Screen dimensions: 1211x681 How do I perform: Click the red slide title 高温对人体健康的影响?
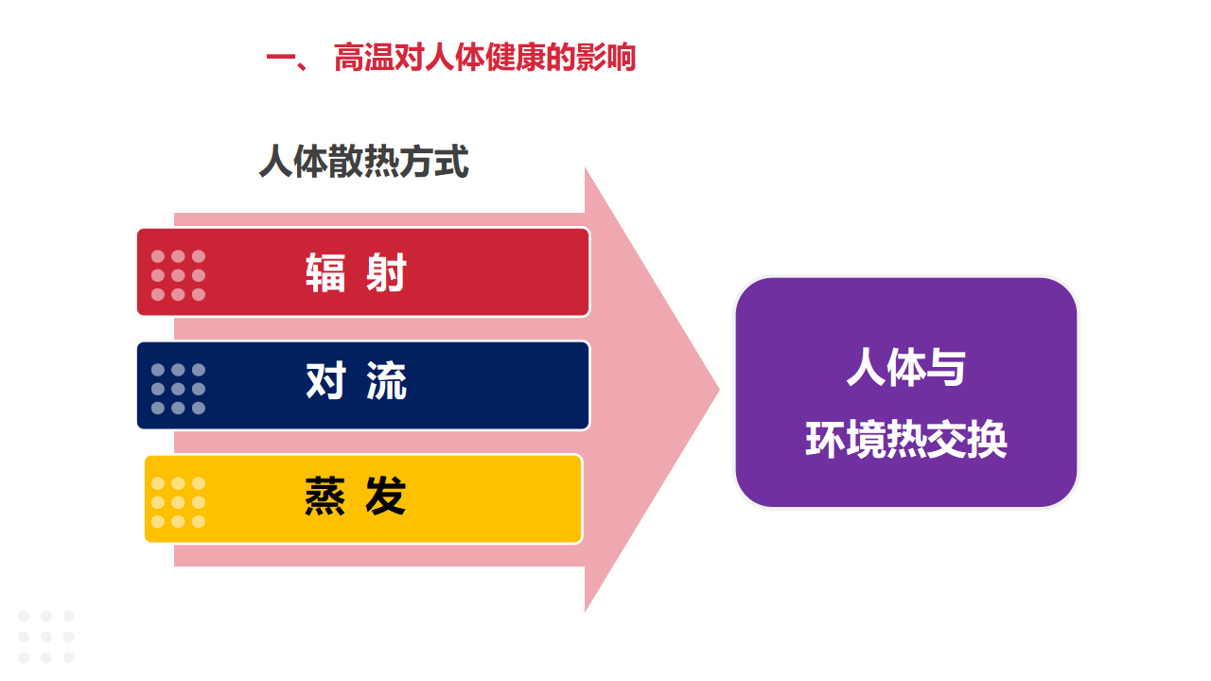tap(484, 58)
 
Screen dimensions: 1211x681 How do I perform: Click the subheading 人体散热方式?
tap(364, 161)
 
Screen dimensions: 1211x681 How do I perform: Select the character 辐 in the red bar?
tap(325, 273)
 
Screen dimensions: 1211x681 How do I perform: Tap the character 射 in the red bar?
tap(386, 273)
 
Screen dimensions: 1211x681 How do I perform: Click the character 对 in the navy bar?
tap(325, 380)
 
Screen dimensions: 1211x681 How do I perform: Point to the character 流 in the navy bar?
tap(386, 380)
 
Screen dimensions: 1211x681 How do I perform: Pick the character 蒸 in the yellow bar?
tap(325, 496)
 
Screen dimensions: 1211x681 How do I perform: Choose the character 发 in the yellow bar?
tap(386, 496)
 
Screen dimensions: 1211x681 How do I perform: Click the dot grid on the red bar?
tap(178, 275)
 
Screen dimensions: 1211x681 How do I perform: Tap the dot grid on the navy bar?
tap(178, 389)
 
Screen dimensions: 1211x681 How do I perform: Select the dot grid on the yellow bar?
tap(178, 502)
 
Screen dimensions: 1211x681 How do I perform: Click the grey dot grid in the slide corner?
tap(46, 637)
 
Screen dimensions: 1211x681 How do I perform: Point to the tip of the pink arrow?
tap(720, 389)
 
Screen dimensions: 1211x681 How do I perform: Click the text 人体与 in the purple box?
tap(906, 367)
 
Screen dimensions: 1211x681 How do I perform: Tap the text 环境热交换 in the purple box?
tap(906, 439)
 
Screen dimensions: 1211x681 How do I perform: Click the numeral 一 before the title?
tap(281, 58)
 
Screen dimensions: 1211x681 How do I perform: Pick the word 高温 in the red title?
tap(364, 58)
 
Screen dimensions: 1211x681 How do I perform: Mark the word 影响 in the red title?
tap(606, 58)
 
